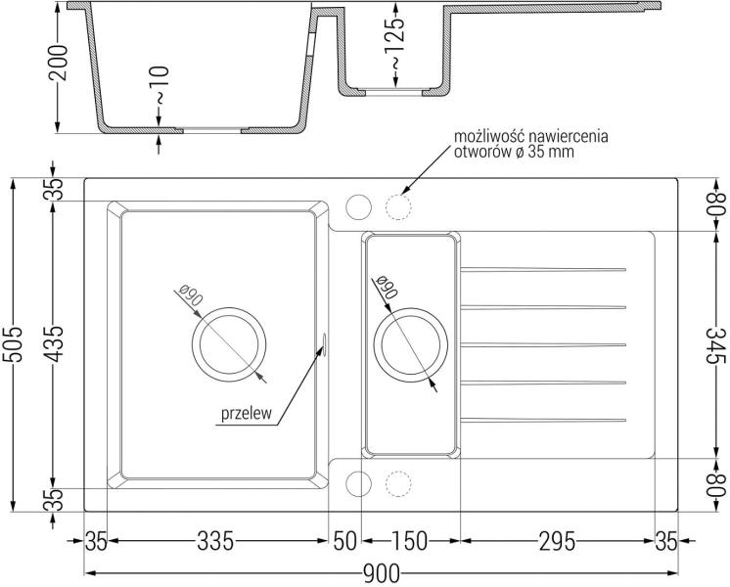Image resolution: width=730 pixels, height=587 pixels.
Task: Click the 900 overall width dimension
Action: click(x=381, y=573)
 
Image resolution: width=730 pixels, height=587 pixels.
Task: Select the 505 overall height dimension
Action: click(x=13, y=344)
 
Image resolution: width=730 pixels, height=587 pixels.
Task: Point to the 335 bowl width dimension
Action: click(x=215, y=541)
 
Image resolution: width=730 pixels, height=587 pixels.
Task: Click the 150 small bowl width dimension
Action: click(x=409, y=541)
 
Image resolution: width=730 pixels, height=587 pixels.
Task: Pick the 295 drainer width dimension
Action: click(x=557, y=541)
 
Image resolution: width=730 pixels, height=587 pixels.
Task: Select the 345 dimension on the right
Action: click(x=717, y=346)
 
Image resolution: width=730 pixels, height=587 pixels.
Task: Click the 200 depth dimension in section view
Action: click(x=59, y=63)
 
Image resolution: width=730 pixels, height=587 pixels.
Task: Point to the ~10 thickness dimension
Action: click(x=160, y=85)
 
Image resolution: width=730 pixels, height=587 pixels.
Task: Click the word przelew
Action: click(x=246, y=414)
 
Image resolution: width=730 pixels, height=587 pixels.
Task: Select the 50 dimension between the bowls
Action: click(x=345, y=541)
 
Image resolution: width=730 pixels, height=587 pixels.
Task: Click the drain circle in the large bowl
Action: click(x=229, y=308)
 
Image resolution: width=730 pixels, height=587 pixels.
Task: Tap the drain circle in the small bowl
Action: click(x=411, y=309)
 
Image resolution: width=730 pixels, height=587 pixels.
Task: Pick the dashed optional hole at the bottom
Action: click(x=398, y=472)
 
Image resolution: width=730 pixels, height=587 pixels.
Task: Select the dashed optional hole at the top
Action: click(x=398, y=194)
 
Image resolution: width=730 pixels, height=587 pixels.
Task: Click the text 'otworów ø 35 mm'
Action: click(x=514, y=153)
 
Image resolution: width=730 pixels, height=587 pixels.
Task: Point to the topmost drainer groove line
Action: click(x=543, y=269)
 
